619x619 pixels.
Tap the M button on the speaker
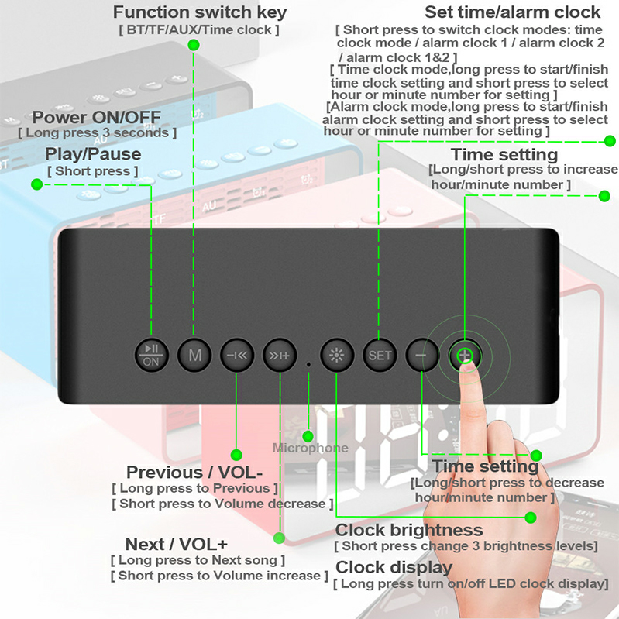pos(194,356)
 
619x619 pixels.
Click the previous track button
pos(237,356)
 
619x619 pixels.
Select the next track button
pos(280,356)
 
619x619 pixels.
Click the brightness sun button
pos(336,356)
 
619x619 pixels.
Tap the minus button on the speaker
pos(422,356)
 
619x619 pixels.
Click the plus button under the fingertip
pos(465,356)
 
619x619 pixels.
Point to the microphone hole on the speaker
pos(308,364)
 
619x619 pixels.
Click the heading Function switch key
pos(200,12)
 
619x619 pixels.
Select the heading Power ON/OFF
pos(96,117)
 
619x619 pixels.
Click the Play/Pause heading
pos(93,154)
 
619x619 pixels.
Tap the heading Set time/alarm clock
pos(512,12)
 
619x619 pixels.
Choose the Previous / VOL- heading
pos(194,472)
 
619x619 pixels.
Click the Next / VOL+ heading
pos(176,544)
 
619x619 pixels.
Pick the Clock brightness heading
pos(409,530)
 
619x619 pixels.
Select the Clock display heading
pos(394,568)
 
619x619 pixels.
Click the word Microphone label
pos(311,448)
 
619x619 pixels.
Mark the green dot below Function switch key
pos(194,45)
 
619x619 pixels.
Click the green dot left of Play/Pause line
pos(36,184)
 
